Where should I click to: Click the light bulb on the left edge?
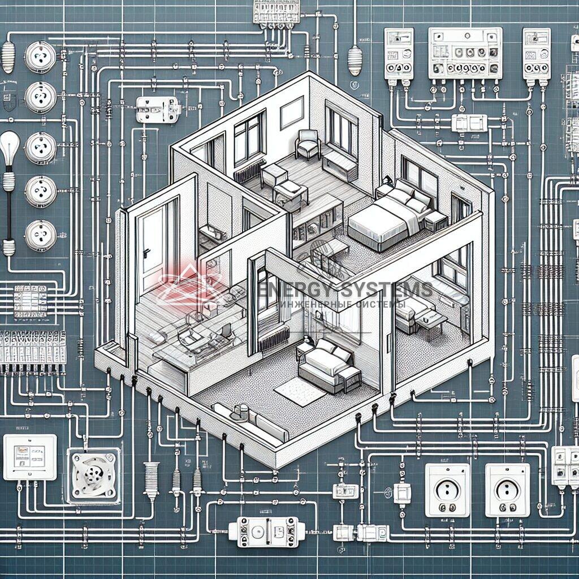coord(10,149)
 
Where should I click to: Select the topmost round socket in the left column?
coord(41,57)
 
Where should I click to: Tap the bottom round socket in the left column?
coord(41,235)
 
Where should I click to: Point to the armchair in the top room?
coord(308,144)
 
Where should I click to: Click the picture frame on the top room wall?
coord(292,111)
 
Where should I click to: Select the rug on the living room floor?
coord(300,391)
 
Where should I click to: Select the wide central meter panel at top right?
coord(465,54)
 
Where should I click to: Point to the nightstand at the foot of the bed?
coord(436,221)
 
